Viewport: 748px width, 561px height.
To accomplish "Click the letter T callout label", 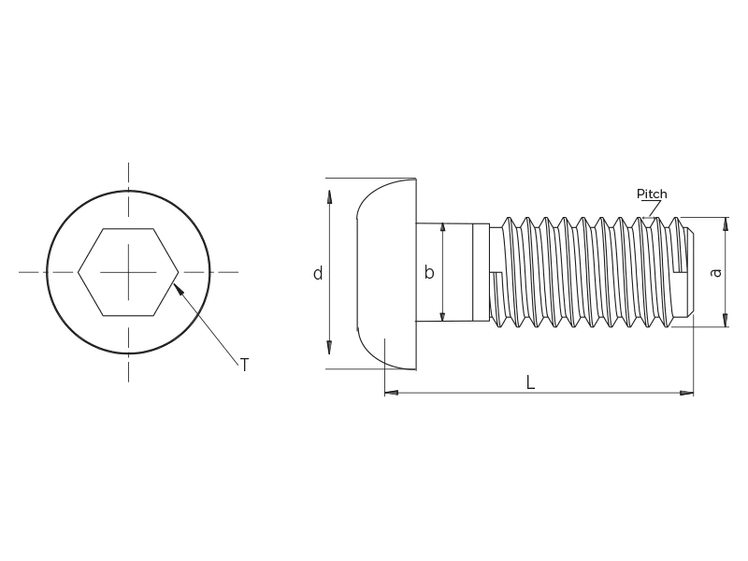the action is [245, 365].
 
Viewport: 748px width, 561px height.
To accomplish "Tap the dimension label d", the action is [318, 273].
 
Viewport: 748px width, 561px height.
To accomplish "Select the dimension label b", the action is [429, 272].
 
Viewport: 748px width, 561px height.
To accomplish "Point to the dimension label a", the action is [715, 272].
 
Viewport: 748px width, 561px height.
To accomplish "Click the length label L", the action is [530, 382].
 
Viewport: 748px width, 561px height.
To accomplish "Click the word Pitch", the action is [652, 194].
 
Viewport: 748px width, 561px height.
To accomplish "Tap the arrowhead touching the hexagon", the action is [178, 289].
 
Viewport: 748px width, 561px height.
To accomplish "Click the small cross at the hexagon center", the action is [128, 272].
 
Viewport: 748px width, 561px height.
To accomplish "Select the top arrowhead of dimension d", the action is [329, 196].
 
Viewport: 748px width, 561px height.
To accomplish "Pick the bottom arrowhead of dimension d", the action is [329, 348].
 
